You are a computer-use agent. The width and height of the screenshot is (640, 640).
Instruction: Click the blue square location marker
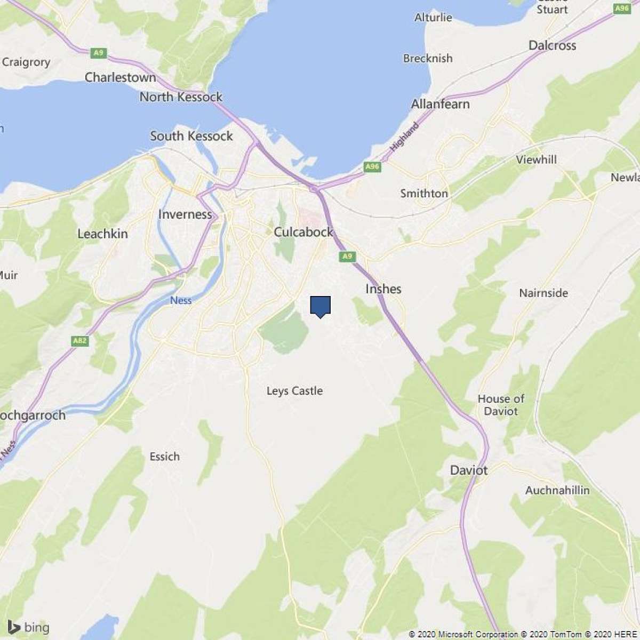(321, 306)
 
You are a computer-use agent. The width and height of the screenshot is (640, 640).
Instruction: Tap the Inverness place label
(185, 214)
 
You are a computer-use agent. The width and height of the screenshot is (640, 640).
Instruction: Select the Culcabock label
(303, 232)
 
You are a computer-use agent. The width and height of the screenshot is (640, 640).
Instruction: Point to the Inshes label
(383, 289)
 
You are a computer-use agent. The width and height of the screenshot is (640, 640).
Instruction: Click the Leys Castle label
(294, 391)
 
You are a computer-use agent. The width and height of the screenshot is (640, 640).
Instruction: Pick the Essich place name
(164, 457)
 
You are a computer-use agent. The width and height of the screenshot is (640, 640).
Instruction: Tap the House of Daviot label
(501, 405)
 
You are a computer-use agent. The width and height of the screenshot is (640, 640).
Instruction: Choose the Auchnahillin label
(557, 490)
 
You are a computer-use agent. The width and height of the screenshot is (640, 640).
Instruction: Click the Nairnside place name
(543, 293)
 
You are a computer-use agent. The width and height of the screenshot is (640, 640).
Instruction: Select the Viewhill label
(536, 159)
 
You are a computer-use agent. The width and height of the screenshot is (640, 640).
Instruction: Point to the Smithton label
(424, 193)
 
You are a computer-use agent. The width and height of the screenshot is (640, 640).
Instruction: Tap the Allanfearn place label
(440, 104)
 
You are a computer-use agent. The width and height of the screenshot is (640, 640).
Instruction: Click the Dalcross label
(552, 45)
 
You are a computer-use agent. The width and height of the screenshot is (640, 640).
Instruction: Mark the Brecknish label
(428, 58)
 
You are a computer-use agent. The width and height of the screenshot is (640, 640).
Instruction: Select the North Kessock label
(181, 97)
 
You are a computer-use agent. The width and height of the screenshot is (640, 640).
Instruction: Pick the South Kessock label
(191, 136)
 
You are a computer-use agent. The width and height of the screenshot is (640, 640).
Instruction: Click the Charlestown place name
(121, 77)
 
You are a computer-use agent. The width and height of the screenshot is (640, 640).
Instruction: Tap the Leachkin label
(102, 234)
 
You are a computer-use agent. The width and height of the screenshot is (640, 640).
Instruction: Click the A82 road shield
(80, 341)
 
